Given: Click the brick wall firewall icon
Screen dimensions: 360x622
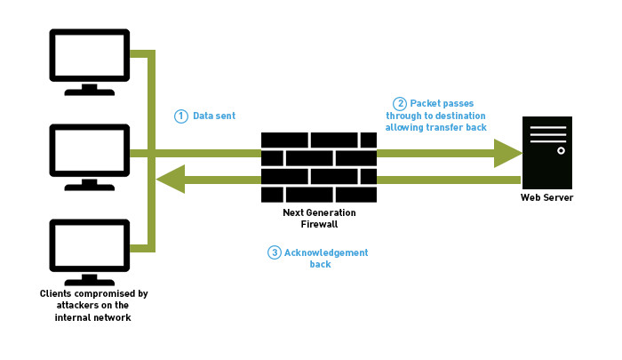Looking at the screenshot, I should (x=319, y=167).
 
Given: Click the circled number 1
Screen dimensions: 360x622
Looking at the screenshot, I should (x=181, y=116).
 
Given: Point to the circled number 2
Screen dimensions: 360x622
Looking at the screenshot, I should (x=400, y=103).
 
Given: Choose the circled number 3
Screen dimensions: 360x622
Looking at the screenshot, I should (x=275, y=252).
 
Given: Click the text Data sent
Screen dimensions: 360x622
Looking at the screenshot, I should (x=214, y=116).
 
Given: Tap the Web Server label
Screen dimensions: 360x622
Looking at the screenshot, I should (x=547, y=197).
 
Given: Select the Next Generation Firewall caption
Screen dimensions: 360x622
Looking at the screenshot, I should (x=319, y=219).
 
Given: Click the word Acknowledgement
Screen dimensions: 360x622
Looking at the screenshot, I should (x=326, y=252).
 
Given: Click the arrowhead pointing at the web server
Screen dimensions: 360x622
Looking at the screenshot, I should (x=507, y=153).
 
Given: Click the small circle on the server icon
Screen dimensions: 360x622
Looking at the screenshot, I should (x=561, y=151).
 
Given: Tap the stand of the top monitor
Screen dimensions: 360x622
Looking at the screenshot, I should (x=90, y=89).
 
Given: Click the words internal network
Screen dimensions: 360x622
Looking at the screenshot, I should (x=93, y=317).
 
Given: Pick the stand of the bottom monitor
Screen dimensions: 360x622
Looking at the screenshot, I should (x=90, y=281).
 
